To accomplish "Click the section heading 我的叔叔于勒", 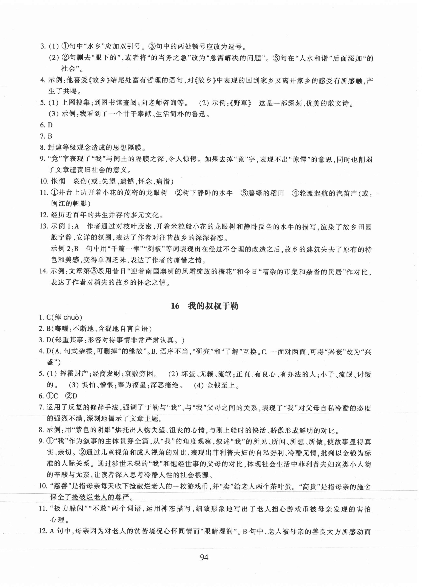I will pos(213,306).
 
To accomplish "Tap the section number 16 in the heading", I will pos(175,306).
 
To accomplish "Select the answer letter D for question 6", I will pos(50,125).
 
